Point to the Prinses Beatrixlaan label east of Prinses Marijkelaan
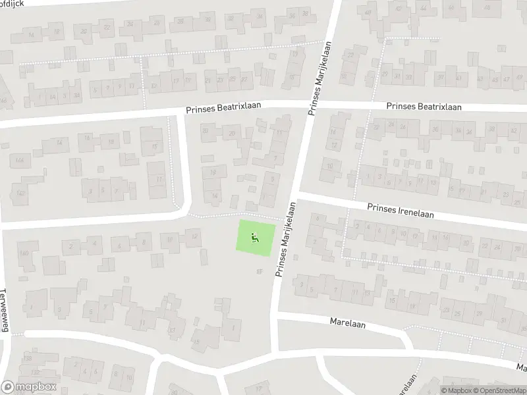(x=424, y=107)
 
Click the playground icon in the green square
(x=256, y=236)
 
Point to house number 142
(x=21, y=193)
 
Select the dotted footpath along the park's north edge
(x=237, y=216)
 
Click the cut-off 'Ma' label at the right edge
(x=521, y=367)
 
